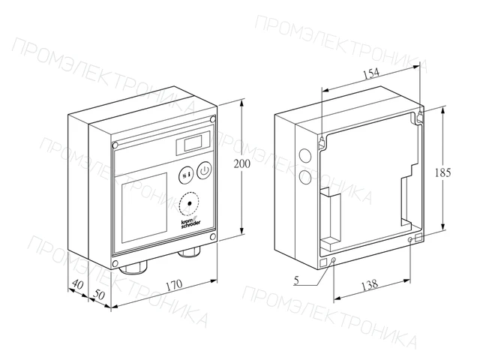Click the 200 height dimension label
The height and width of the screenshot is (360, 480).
click(x=241, y=164)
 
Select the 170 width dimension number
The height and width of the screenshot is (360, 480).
click(x=174, y=285)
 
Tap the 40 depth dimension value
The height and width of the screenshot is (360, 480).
click(x=77, y=284)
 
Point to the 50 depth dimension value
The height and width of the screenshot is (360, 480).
click(x=99, y=295)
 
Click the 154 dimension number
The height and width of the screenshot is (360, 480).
click(x=371, y=73)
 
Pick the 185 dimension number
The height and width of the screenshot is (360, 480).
click(x=443, y=173)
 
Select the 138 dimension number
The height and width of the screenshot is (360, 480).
click(x=370, y=285)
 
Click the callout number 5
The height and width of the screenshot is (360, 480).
click(x=296, y=280)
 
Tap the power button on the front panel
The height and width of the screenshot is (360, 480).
click(x=204, y=171)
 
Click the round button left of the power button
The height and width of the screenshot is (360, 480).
click(x=186, y=175)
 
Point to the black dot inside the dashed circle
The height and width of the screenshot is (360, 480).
click(x=189, y=203)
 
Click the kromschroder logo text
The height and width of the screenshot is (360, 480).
click(x=190, y=223)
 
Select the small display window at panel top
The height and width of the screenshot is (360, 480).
click(x=193, y=143)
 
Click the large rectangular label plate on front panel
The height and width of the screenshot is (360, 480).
click(x=145, y=208)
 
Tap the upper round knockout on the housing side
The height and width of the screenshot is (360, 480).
click(x=305, y=155)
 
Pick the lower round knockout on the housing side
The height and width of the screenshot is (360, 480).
click(x=305, y=177)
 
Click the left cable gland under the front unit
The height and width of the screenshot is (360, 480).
click(x=133, y=267)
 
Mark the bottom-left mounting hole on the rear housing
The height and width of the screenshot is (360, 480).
click(x=334, y=260)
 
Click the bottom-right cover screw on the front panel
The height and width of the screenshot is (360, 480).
click(x=213, y=236)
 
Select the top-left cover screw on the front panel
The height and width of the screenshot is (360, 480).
click(x=115, y=145)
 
